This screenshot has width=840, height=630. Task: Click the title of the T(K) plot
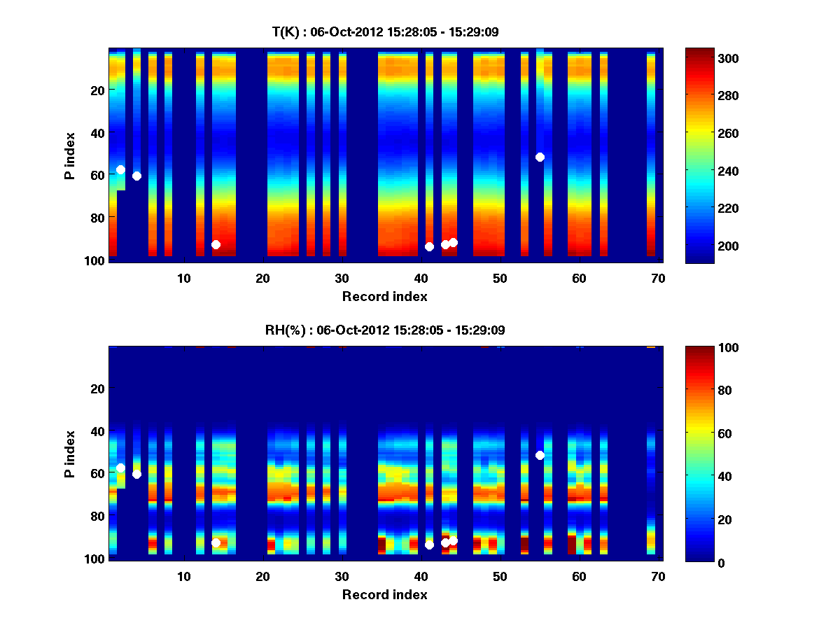click(385, 31)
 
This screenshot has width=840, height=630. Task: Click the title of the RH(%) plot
click(385, 330)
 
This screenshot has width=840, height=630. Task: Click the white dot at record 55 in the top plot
click(540, 157)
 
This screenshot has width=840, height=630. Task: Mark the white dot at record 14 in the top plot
click(216, 244)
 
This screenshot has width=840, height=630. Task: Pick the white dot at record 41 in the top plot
click(429, 246)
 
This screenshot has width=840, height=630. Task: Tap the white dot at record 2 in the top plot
click(120, 169)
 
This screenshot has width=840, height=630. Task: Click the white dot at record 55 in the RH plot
click(540, 455)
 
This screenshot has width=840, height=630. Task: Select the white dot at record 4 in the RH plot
click(136, 474)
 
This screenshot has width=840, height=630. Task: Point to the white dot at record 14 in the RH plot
click(216, 542)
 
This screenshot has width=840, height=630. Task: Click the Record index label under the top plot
click(384, 296)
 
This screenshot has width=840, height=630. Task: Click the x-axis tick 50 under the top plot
click(500, 278)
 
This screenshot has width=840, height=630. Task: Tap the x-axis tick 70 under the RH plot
click(658, 576)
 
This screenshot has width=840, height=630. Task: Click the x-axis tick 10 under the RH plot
click(183, 576)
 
